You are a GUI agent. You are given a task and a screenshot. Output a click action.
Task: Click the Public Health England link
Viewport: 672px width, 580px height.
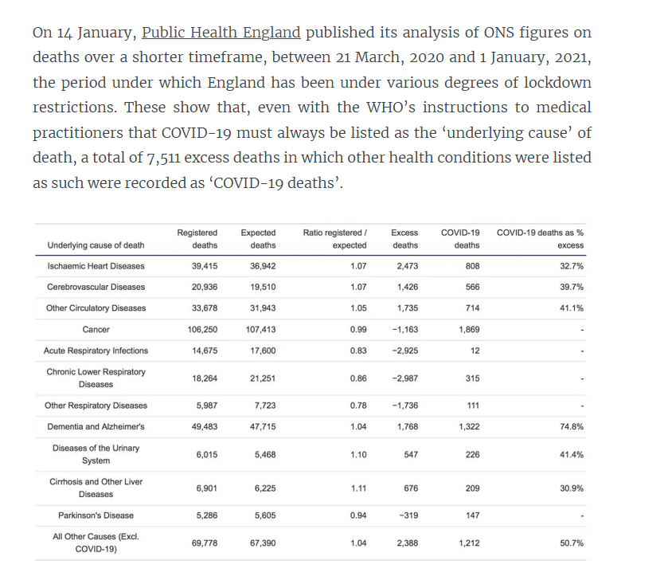[x=221, y=33]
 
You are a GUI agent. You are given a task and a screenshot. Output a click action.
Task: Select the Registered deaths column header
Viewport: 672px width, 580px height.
[x=197, y=239]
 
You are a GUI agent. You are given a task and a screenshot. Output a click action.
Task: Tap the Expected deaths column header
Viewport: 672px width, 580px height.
[x=258, y=239]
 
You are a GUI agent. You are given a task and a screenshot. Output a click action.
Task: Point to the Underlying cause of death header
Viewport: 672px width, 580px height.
[x=96, y=245]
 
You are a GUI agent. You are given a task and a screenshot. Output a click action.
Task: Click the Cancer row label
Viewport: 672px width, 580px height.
[x=96, y=329]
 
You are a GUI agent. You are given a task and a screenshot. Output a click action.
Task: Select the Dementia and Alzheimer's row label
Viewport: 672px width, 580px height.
[x=96, y=427]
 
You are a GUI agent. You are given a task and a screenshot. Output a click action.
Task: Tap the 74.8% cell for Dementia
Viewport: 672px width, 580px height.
[x=571, y=427]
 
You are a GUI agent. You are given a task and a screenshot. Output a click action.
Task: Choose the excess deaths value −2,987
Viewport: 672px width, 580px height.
[x=405, y=378]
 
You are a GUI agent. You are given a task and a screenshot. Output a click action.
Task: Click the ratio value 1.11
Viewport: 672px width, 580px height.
[x=358, y=488]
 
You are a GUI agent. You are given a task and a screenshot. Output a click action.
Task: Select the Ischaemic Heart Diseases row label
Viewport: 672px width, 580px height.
[x=96, y=266]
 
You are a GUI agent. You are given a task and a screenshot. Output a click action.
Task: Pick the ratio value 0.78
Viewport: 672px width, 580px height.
[x=358, y=406]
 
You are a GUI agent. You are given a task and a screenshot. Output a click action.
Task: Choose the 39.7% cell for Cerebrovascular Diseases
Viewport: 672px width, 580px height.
[x=571, y=287]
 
